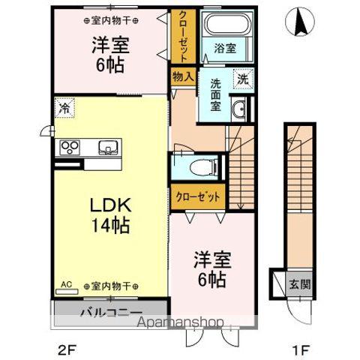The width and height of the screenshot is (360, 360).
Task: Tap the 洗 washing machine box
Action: tap(244, 78)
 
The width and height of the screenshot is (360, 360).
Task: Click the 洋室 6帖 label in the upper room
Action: tap(110, 54)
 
